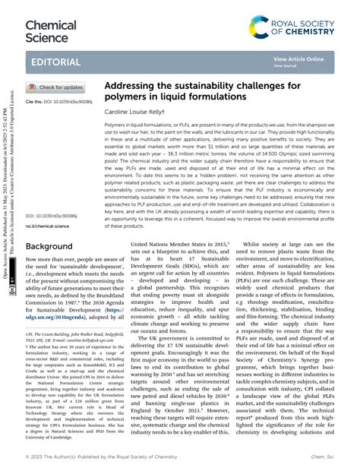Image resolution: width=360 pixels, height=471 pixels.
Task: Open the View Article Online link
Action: (x=298, y=58)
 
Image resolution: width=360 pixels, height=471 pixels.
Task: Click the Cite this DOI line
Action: (x=59, y=101)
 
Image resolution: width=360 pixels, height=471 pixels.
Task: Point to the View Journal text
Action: (x=285, y=66)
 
